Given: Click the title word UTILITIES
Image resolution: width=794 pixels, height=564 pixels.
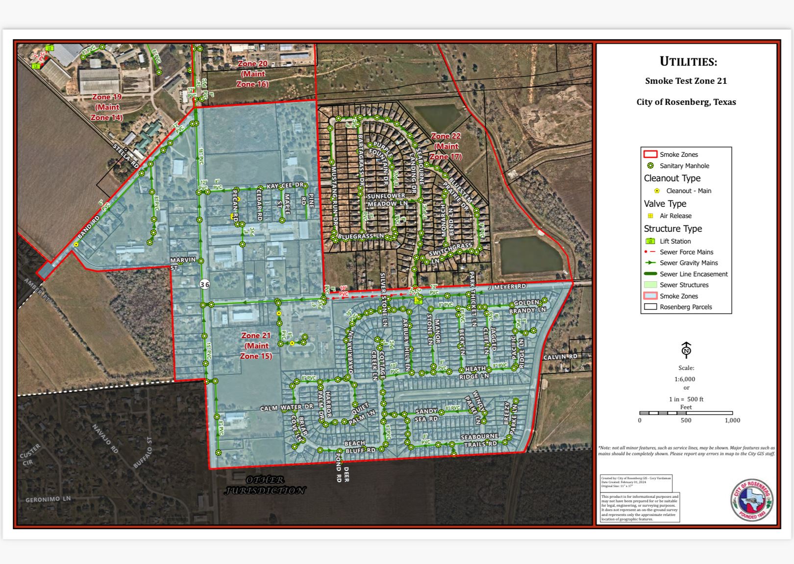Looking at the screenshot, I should pyautogui.click(x=688, y=62).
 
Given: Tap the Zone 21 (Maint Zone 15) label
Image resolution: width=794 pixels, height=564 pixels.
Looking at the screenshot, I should pyautogui.click(x=256, y=345).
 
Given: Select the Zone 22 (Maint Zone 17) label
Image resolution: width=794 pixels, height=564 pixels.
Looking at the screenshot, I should pyautogui.click(x=446, y=146).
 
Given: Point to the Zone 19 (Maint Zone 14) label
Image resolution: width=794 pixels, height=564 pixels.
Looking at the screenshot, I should pyautogui.click(x=107, y=107).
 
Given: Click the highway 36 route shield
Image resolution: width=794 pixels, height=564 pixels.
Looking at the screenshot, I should pyautogui.click(x=204, y=284).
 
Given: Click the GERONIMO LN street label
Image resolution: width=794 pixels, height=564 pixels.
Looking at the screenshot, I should pyautogui.click(x=48, y=499).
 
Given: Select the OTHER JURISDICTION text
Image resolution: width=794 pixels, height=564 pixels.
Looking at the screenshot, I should pyautogui.click(x=265, y=485).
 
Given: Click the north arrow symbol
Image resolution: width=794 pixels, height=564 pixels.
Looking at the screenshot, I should pyautogui.click(x=686, y=350).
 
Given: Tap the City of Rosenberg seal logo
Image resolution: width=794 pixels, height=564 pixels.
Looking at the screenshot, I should pyautogui.click(x=752, y=500).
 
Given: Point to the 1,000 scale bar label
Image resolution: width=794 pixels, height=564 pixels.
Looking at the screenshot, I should pyautogui.click(x=732, y=420).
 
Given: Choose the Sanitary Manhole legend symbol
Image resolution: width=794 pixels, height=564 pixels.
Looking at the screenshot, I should pyautogui.click(x=650, y=166).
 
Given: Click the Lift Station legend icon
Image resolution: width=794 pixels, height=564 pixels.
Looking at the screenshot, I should pyautogui.click(x=650, y=241).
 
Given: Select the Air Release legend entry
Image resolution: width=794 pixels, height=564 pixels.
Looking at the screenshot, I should pyautogui.click(x=675, y=216).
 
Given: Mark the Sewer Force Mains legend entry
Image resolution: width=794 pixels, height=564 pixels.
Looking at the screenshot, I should pyautogui.click(x=686, y=252).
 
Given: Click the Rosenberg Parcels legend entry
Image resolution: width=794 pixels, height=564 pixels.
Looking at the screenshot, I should pyautogui.click(x=686, y=307).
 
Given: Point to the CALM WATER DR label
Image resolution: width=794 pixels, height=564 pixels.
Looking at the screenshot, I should pyautogui.click(x=286, y=408).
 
